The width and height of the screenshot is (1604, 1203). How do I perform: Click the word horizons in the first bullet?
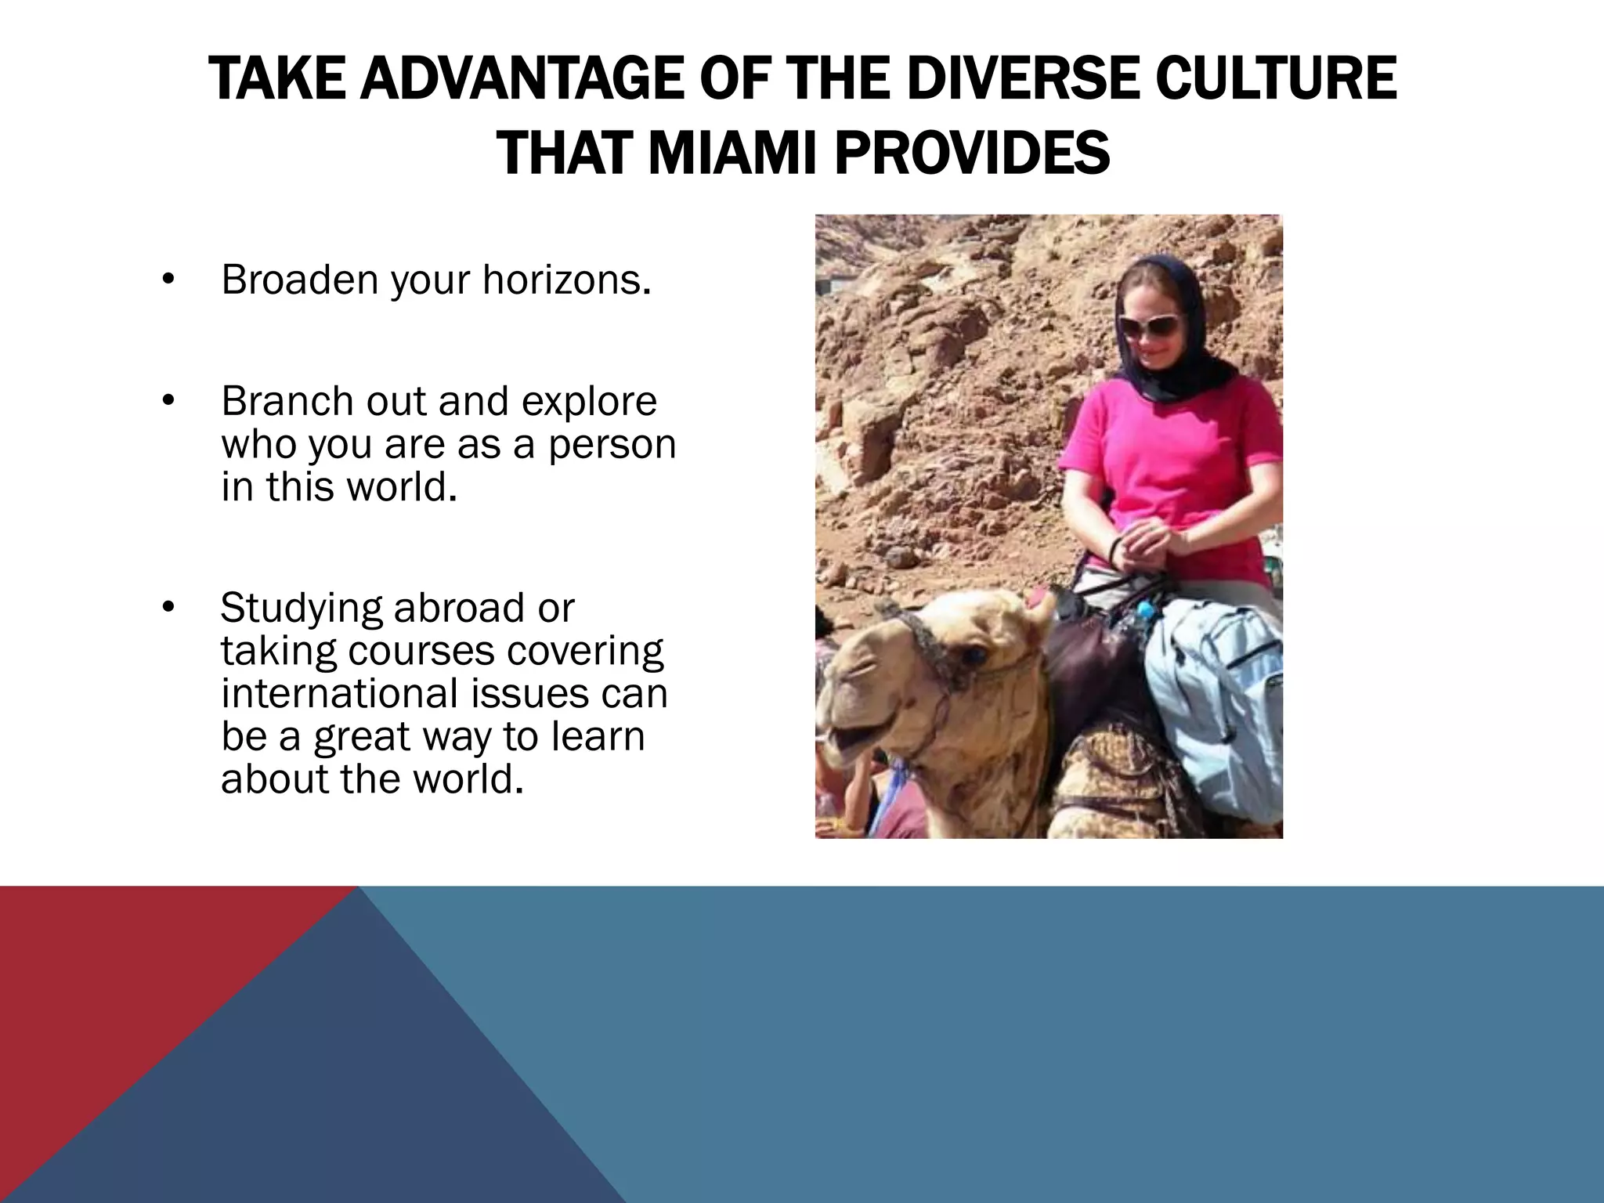tap(565, 280)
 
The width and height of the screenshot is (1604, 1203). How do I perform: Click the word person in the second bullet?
tap(612, 444)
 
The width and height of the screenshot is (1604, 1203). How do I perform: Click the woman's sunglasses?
tap(1149, 326)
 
